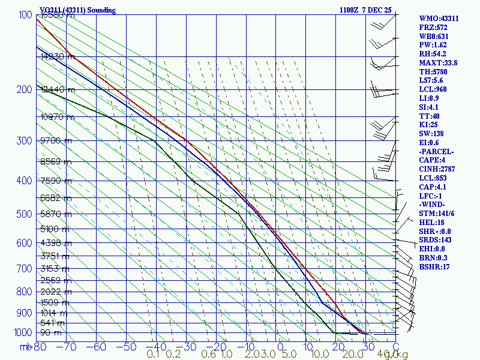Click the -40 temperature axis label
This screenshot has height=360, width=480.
(x=155, y=346)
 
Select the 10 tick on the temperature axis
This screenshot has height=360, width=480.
(x=306, y=346)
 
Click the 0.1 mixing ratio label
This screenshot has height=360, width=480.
(x=153, y=355)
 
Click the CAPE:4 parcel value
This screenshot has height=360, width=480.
(x=432, y=160)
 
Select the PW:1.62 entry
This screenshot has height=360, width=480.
(x=433, y=45)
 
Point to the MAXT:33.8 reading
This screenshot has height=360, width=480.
(x=438, y=63)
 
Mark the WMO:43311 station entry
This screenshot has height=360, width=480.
(x=439, y=19)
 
